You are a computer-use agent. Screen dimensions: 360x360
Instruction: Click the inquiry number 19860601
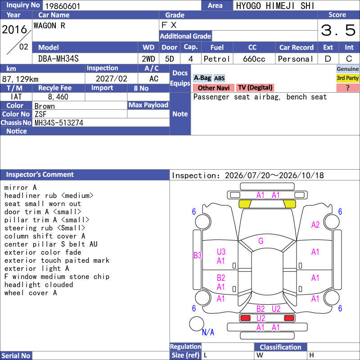click(x=63, y=6)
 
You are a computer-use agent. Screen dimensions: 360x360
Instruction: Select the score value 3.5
click(x=338, y=30)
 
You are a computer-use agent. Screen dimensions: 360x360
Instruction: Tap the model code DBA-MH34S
click(x=58, y=59)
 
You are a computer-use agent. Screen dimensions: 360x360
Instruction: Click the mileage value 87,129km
click(x=20, y=79)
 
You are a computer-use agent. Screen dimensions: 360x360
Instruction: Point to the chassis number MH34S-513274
click(x=59, y=123)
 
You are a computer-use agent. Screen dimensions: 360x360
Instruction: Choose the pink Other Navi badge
click(x=213, y=88)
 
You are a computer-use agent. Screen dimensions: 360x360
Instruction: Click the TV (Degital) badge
click(x=255, y=87)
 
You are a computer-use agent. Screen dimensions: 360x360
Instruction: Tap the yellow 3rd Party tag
click(x=347, y=78)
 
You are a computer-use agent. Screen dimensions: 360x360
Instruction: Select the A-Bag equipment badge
click(x=202, y=78)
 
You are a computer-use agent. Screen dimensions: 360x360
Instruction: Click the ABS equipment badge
click(x=219, y=78)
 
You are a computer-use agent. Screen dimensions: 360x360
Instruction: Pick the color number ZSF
click(x=40, y=114)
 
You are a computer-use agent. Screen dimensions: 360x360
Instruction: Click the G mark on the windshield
click(x=261, y=241)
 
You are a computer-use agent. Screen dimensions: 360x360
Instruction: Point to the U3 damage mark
click(x=221, y=252)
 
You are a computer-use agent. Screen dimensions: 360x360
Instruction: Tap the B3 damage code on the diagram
click(x=198, y=255)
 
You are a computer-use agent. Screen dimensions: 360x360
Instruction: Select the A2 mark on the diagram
click(x=315, y=225)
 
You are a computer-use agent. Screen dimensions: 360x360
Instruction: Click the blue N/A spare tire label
click(x=208, y=332)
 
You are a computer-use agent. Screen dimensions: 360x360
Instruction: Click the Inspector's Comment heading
click(x=40, y=175)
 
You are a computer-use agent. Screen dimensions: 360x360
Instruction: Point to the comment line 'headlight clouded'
click(x=39, y=285)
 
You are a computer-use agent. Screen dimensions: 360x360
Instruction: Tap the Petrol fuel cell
click(x=217, y=59)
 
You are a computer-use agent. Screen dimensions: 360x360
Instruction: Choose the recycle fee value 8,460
click(x=58, y=97)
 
